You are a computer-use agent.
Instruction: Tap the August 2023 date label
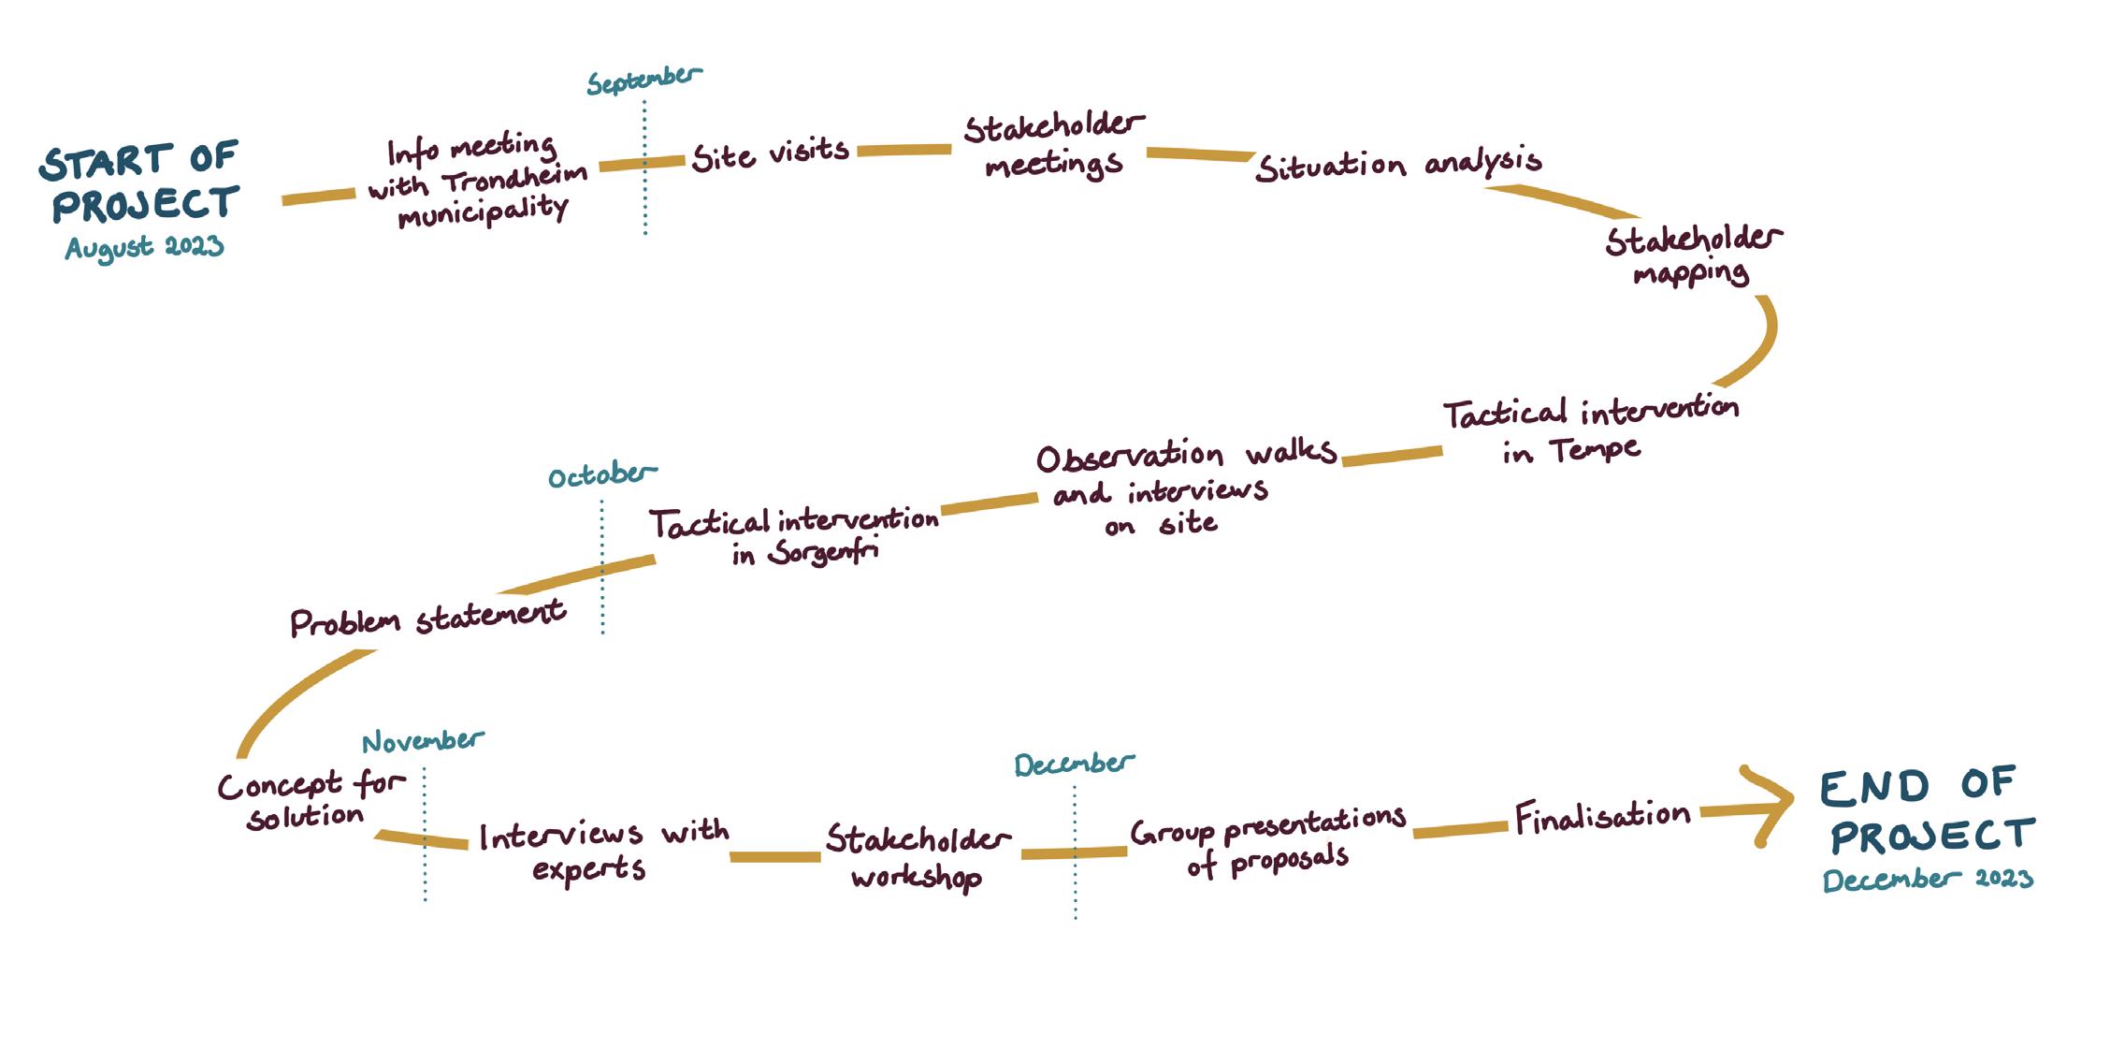[x=145, y=248]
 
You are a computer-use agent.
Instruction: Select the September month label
[x=643, y=80]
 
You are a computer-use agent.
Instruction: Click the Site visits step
[x=771, y=153]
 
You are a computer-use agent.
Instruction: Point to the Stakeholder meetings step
[x=1053, y=146]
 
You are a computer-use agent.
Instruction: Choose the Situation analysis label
[x=1398, y=166]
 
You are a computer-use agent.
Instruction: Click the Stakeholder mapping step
[x=1693, y=255]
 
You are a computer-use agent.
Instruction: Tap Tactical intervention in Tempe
[x=1589, y=431]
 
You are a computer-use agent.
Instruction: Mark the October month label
[x=601, y=475]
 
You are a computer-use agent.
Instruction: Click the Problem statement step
[x=426, y=619]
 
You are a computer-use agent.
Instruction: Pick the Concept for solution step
[x=310, y=800]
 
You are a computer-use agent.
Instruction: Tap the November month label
[x=423, y=742]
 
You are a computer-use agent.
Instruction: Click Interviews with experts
[x=603, y=850]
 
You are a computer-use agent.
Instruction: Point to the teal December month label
[x=1074, y=764]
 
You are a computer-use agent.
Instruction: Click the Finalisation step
[x=1602, y=817]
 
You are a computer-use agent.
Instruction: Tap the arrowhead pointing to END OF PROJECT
[x=1768, y=804]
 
